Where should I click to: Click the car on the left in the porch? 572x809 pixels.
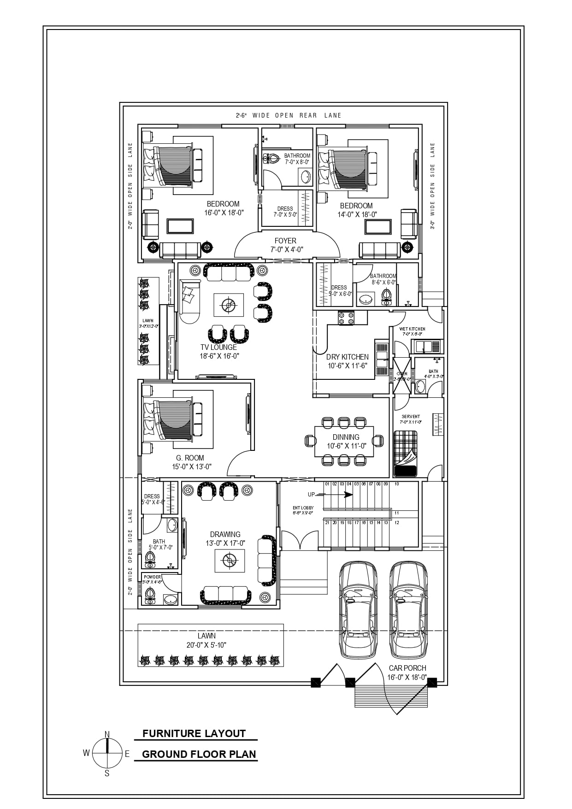tap(358, 608)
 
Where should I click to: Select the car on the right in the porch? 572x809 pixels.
tap(408, 608)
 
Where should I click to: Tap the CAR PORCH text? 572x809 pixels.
tap(407, 668)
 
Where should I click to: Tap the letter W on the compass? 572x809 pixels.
tap(86, 753)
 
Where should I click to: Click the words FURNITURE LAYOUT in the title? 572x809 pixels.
tap(194, 733)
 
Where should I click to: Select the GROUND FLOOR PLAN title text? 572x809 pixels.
tap(199, 754)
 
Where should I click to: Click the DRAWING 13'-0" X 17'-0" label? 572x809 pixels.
tap(225, 538)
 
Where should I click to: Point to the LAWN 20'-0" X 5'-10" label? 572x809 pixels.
tap(206, 640)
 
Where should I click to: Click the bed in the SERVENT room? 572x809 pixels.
tap(405, 453)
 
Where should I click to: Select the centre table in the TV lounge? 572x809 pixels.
tap(228, 305)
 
